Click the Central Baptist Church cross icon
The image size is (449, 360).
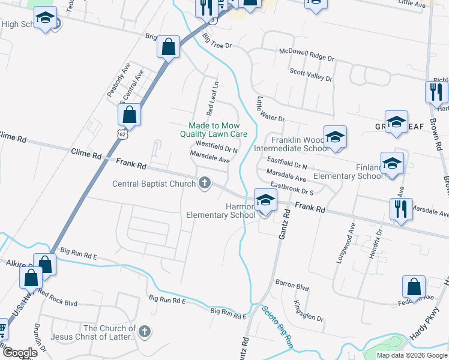tap(205, 182)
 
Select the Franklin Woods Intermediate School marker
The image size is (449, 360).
tap(335, 136)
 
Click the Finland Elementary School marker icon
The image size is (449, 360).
tap(392, 163)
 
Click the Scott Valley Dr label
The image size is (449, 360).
tap(311, 74)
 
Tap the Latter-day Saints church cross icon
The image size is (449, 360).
tap(144, 331)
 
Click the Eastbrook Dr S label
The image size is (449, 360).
tap(292, 188)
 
